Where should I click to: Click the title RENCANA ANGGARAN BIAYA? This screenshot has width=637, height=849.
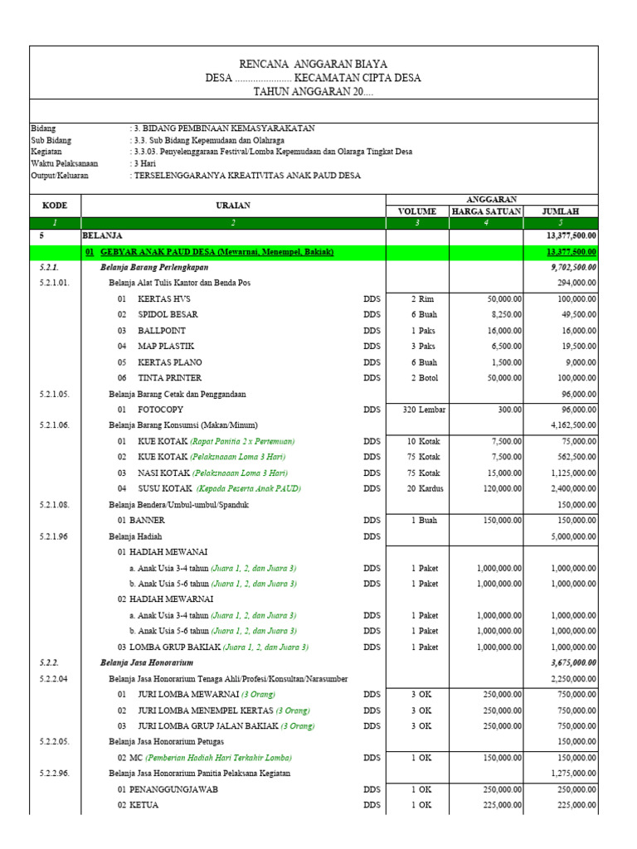[313, 64]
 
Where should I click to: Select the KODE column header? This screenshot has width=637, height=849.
[55, 205]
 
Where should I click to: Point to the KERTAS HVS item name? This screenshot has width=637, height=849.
[162, 298]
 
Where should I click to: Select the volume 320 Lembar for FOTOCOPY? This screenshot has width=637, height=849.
[419, 410]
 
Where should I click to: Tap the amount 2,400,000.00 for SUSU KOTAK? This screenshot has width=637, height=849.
[566, 488]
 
